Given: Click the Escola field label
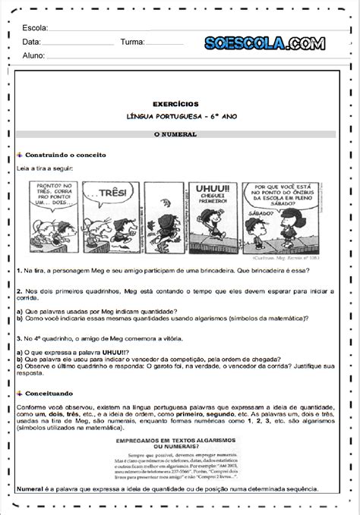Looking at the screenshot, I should point(35,28).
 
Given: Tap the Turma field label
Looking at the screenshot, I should point(132,42).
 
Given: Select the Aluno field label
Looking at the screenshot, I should point(33,55).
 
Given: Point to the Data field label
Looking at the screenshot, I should point(31,42).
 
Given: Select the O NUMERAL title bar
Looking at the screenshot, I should point(180,133).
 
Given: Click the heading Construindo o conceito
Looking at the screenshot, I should point(65,153).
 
